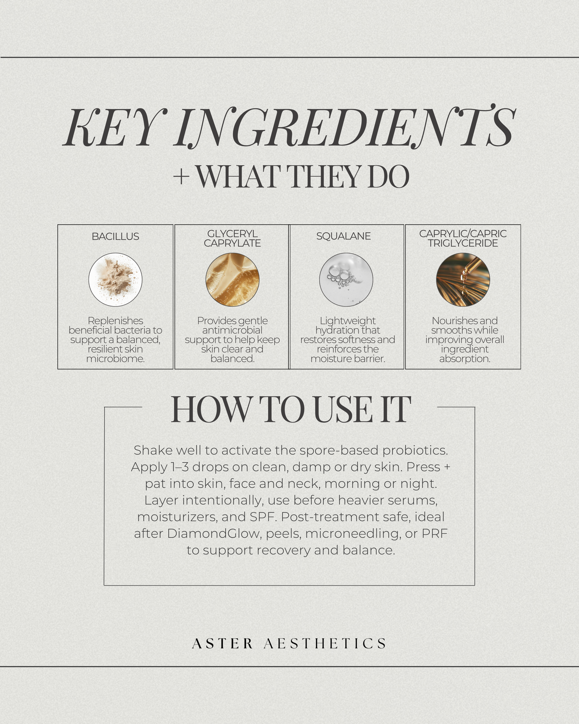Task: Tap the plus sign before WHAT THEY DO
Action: (181, 177)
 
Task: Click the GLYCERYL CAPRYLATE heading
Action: (232, 238)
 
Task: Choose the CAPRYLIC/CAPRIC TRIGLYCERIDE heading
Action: (463, 238)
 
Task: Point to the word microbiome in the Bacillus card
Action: (115, 359)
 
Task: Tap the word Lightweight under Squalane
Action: (348, 321)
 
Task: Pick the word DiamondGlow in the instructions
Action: (214, 533)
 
